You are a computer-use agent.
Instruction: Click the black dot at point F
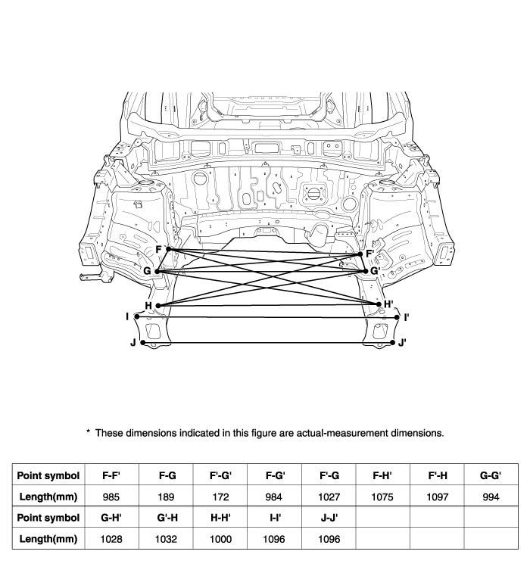(168, 249)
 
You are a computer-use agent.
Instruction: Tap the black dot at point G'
(366, 271)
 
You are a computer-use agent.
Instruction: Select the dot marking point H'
(379, 304)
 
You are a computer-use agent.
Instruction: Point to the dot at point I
(137, 316)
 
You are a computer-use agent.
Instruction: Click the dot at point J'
(392, 342)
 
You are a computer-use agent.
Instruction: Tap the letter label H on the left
(148, 305)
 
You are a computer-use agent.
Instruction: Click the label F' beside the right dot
(370, 254)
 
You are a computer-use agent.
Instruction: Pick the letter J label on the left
(133, 342)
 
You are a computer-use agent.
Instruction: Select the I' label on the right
(407, 317)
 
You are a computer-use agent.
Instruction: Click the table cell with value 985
(111, 497)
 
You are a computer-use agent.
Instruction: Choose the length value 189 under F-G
(167, 497)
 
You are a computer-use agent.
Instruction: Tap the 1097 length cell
(438, 497)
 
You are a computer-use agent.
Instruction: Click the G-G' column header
(491, 475)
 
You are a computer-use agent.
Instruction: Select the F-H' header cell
(382, 475)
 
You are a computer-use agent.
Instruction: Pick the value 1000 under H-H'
(220, 539)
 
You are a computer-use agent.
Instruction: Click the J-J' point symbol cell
(329, 517)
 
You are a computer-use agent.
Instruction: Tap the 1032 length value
(166, 539)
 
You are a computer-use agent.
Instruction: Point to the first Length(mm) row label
(48, 497)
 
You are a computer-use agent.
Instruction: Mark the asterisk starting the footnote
(88, 431)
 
